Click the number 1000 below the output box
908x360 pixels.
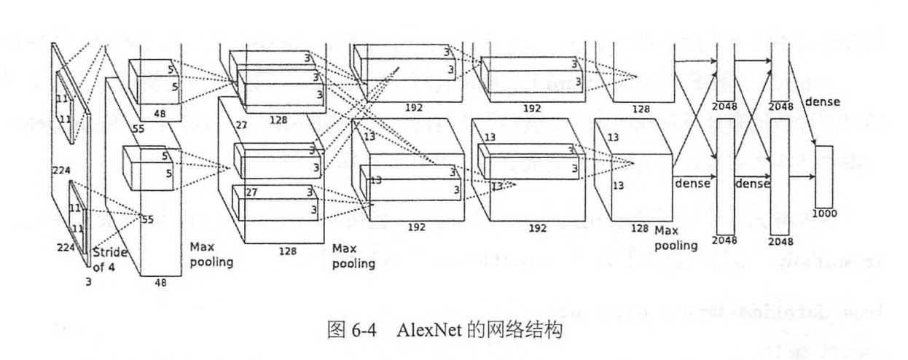pos(824,214)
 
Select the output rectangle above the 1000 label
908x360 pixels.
pos(823,176)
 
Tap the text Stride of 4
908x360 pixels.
pos(110,259)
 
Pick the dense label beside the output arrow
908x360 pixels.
pos(822,102)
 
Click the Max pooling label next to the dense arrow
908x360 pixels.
pos(676,238)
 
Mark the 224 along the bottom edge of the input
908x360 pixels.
pos(67,248)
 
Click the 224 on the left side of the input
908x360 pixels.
pos(61,171)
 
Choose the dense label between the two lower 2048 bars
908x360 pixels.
pos(753,184)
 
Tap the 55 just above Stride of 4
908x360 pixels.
pos(146,219)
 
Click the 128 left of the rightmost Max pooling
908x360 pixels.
pos(639,228)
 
